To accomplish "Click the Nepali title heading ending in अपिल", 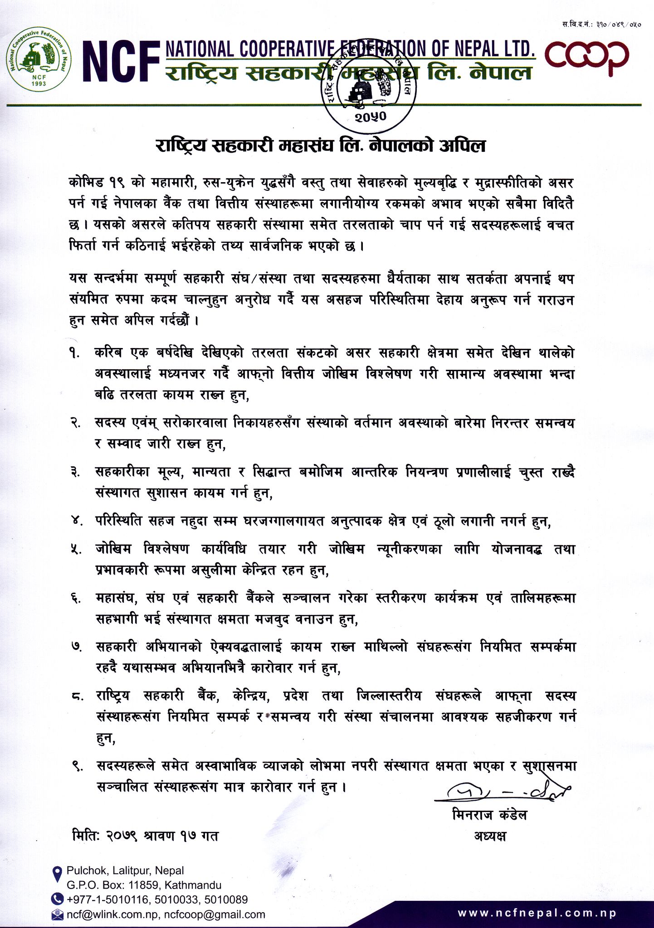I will pyautogui.click(x=321, y=145).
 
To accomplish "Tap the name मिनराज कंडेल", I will pyautogui.click(x=490, y=816).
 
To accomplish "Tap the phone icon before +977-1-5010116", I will pyautogui.click(x=58, y=899).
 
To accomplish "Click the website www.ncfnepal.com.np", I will pyautogui.click(x=537, y=913).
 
